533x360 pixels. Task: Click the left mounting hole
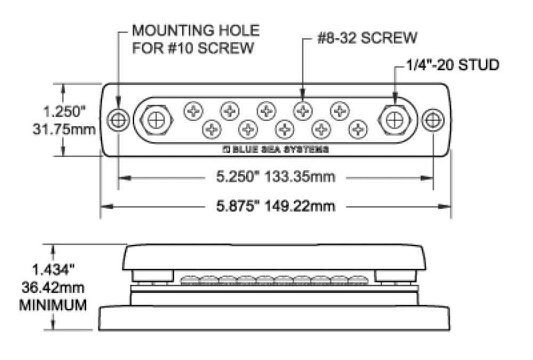118,120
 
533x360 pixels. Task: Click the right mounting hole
433,120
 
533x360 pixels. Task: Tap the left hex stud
156,121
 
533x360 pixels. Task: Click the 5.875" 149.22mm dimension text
275,206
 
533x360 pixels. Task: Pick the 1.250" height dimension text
65,113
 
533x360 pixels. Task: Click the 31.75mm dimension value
65,130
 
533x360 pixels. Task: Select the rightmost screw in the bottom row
359,128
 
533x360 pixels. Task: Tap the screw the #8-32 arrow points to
303,111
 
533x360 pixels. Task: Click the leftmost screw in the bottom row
212,128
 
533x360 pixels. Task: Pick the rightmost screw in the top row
339,111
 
